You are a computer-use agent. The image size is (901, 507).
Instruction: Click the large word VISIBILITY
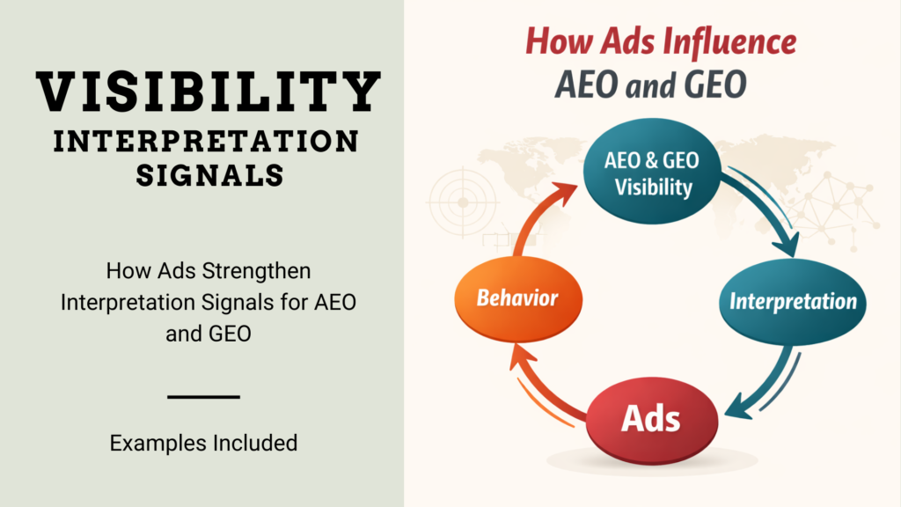tap(208, 92)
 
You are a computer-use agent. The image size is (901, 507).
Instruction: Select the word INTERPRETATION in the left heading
tap(206, 142)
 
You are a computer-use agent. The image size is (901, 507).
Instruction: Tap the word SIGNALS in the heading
tap(209, 175)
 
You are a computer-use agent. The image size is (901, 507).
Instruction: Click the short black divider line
tap(203, 397)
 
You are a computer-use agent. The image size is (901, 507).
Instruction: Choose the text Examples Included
tap(203, 444)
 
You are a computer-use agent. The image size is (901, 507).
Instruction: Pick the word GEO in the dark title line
tap(715, 84)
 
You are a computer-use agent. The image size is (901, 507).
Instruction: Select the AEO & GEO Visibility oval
tap(652, 171)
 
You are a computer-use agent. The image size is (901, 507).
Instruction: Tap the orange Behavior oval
tap(518, 299)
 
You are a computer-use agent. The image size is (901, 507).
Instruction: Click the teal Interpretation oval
tap(793, 302)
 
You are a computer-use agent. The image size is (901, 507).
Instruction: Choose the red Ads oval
tap(652, 420)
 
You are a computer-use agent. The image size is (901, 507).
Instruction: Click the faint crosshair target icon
tap(463, 202)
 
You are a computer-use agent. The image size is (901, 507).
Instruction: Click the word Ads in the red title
tap(628, 42)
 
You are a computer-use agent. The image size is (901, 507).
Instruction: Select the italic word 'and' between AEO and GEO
tap(650, 86)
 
